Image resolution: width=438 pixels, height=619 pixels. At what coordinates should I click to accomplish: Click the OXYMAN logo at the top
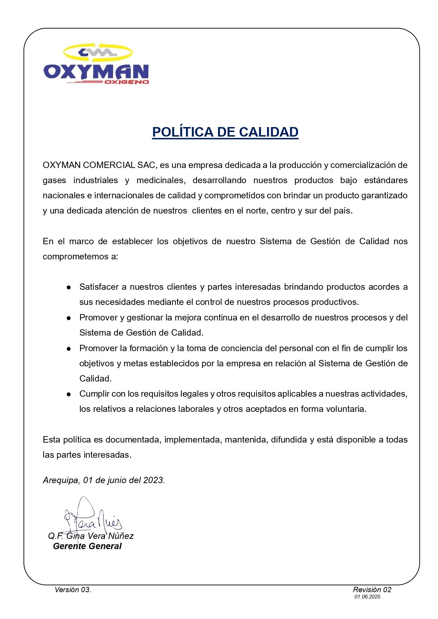coord(96,64)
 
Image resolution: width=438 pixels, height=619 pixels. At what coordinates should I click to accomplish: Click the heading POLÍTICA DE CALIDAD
coord(225,132)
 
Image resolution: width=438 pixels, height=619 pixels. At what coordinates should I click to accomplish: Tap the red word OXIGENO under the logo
coord(127,82)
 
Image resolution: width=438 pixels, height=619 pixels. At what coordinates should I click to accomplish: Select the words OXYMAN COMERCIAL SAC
coord(99,165)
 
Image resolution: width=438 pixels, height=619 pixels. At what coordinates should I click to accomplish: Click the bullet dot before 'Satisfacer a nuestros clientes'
coord(69,288)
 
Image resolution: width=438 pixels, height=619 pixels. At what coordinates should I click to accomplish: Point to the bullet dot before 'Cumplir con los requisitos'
coord(69,395)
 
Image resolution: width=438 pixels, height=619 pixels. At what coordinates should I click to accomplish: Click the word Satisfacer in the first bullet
coord(99,287)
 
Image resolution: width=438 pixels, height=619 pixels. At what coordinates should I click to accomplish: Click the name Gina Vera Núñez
coord(100,536)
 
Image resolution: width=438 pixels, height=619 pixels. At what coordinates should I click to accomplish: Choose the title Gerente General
coord(87,546)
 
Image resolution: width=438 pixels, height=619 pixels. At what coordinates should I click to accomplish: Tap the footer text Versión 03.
coord(73,590)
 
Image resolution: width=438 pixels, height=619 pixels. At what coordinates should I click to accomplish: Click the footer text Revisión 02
coord(372,590)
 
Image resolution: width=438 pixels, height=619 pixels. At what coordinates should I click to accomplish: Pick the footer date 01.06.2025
coord(367,597)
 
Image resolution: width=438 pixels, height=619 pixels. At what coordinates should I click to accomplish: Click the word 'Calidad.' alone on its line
coord(95,379)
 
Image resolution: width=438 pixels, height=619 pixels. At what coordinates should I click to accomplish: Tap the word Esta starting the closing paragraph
coord(52,440)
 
